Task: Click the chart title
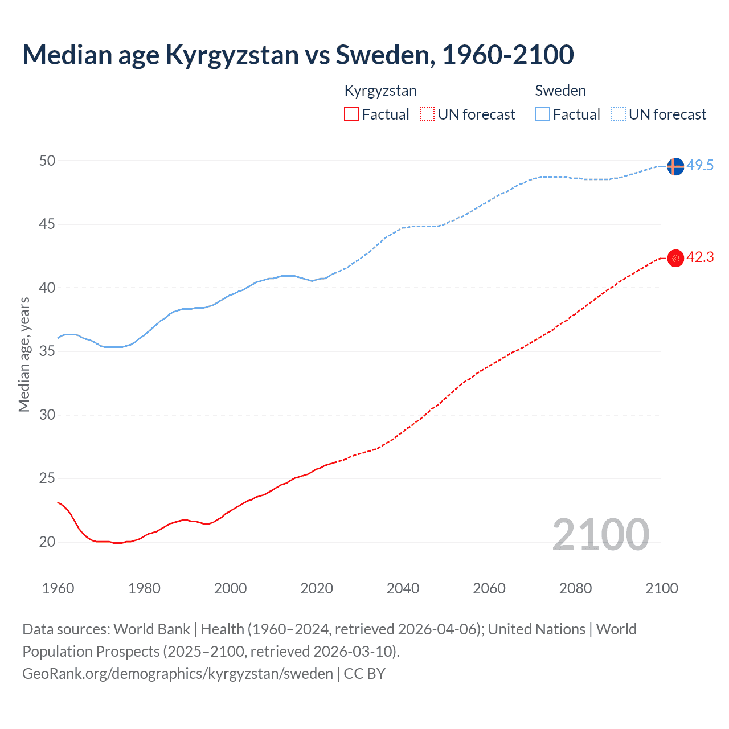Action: pyautogui.click(x=298, y=55)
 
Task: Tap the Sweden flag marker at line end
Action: pyautogui.click(x=675, y=166)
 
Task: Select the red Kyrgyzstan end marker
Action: pyautogui.click(x=675, y=258)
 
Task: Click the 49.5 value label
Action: pyautogui.click(x=700, y=166)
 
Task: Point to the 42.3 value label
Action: pyautogui.click(x=700, y=257)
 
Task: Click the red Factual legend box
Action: pyautogui.click(x=351, y=114)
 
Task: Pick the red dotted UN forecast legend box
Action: pyautogui.click(x=427, y=114)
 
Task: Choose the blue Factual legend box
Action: pyautogui.click(x=543, y=114)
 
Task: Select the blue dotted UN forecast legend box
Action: pyautogui.click(x=618, y=114)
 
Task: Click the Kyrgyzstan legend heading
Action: pyautogui.click(x=380, y=91)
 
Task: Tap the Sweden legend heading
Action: pyautogui.click(x=560, y=91)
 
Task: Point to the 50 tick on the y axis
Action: pyautogui.click(x=47, y=161)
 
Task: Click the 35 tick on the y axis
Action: pyautogui.click(x=47, y=351)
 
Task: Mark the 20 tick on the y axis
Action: pyautogui.click(x=47, y=542)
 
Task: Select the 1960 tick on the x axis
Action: pyautogui.click(x=58, y=588)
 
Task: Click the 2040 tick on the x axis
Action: pyautogui.click(x=403, y=588)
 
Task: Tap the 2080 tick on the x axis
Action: pyautogui.click(x=575, y=588)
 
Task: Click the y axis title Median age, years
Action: pyautogui.click(x=24, y=354)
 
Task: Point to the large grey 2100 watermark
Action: pyautogui.click(x=600, y=534)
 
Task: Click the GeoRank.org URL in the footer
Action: pyautogui.click(x=178, y=674)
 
